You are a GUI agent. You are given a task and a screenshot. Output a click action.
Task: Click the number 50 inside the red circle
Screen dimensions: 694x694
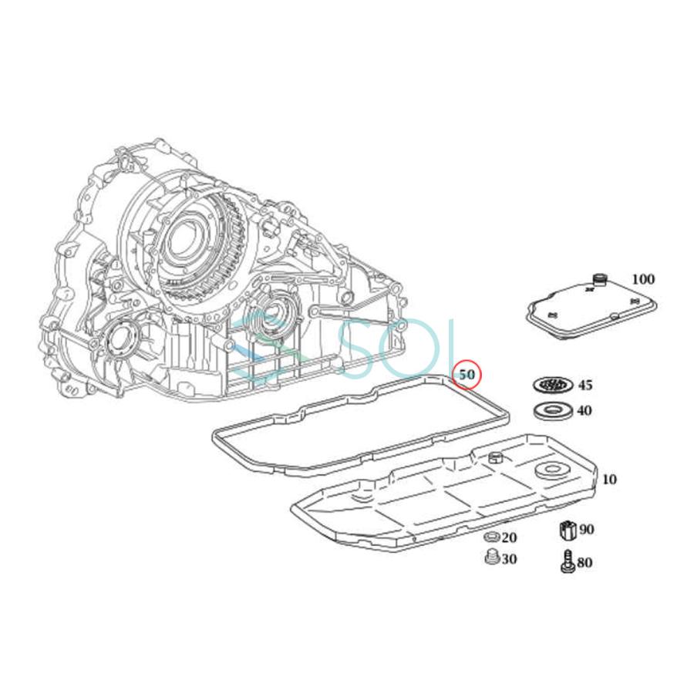pyautogui.click(x=467, y=375)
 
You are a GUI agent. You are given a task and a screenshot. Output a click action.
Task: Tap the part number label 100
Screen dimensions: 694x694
pyautogui.click(x=642, y=279)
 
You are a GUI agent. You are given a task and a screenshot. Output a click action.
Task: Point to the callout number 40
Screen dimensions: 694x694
pyautogui.click(x=585, y=411)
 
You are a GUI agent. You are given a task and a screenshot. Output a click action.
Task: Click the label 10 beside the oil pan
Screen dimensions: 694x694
pyautogui.click(x=609, y=479)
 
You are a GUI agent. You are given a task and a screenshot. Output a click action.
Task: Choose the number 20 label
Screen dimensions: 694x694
pyautogui.click(x=509, y=537)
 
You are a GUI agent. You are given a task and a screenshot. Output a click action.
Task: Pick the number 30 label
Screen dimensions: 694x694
pyautogui.click(x=509, y=559)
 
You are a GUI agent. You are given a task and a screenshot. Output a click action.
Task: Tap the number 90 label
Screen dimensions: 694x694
pyautogui.click(x=587, y=529)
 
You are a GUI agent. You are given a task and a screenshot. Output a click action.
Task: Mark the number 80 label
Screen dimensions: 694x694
pyautogui.click(x=585, y=563)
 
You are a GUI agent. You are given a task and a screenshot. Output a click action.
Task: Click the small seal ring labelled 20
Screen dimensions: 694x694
pyautogui.click(x=490, y=537)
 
